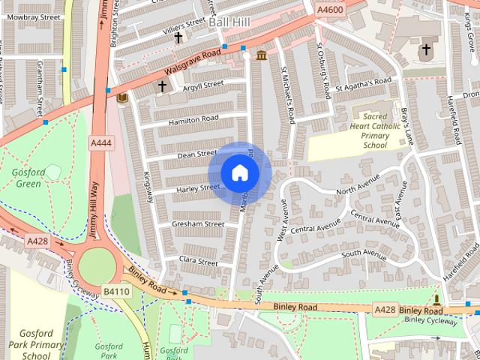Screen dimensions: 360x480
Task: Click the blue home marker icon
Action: click(239, 173)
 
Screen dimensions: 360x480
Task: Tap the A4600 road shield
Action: click(330, 10)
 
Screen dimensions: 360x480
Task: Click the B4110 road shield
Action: click(117, 291)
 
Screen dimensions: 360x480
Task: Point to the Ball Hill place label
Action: click(229, 23)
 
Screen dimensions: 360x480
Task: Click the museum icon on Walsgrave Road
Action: click(262, 55)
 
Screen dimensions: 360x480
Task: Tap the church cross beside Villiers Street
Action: click(178, 37)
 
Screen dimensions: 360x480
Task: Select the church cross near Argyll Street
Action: click(162, 87)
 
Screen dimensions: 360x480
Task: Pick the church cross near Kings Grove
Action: click(426, 49)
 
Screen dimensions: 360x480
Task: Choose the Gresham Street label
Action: click(198, 224)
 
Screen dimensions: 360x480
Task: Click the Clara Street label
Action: click(198, 262)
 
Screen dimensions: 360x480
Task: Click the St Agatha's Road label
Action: click(363, 85)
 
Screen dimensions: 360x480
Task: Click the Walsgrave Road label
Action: click(192, 65)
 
